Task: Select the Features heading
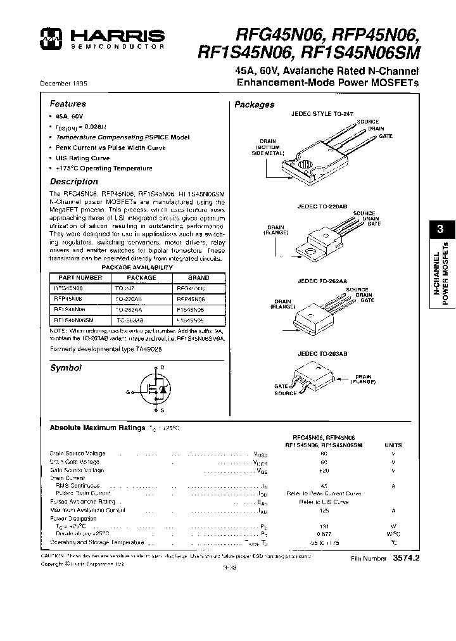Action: point(68,104)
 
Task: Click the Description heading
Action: point(74,182)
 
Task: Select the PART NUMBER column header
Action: point(80,277)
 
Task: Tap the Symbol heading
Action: point(65,368)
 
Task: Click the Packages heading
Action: point(254,105)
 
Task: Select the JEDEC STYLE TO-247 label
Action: point(322,114)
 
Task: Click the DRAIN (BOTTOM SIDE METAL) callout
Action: point(265,148)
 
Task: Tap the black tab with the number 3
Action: point(441,229)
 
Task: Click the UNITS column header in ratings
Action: point(393,445)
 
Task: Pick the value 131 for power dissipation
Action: point(324,526)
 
